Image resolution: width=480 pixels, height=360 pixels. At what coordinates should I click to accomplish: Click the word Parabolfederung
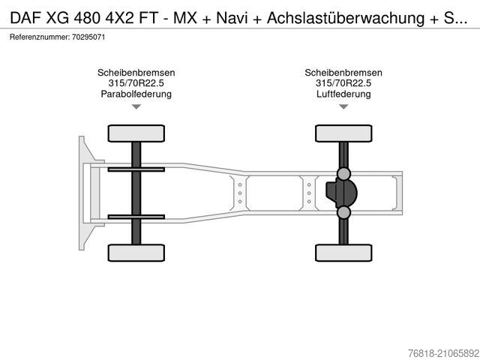[x=136, y=94]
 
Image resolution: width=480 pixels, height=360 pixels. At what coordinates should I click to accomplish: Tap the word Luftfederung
[x=343, y=94]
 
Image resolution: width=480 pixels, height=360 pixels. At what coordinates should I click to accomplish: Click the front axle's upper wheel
[x=136, y=133]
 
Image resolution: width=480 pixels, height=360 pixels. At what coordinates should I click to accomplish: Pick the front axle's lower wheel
[x=136, y=252]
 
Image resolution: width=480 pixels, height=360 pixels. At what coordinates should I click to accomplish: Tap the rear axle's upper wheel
[x=343, y=133]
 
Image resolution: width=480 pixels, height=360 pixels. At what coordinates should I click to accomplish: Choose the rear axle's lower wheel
[x=343, y=252]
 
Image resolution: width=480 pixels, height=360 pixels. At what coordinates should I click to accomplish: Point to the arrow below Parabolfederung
[x=136, y=107]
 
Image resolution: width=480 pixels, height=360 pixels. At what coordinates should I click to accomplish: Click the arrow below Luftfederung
[x=343, y=107]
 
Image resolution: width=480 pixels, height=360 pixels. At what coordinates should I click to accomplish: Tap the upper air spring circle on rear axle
[x=343, y=173]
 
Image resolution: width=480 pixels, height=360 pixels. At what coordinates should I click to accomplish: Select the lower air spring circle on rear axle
[x=343, y=213]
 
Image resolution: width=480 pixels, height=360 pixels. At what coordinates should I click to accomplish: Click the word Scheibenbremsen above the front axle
[x=136, y=73]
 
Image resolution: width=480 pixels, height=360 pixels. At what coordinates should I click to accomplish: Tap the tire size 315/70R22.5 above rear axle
[x=343, y=83]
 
